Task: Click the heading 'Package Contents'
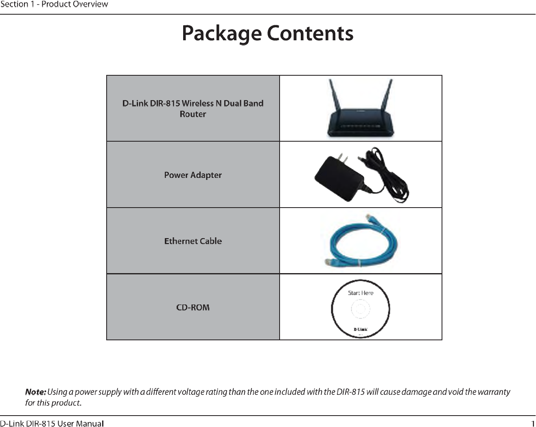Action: coord(267,33)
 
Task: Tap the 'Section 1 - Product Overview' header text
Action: coord(54,4)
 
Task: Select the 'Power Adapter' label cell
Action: coord(193,175)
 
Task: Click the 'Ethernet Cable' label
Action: coord(193,241)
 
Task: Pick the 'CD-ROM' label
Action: coord(193,307)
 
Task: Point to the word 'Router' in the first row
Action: coord(193,114)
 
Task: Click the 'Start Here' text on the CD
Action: coord(361,293)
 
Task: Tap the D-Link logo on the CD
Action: coord(361,329)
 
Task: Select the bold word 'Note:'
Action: coord(35,392)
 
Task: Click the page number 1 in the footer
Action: coord(533,423)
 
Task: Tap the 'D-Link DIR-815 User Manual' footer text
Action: coord(52,424)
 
